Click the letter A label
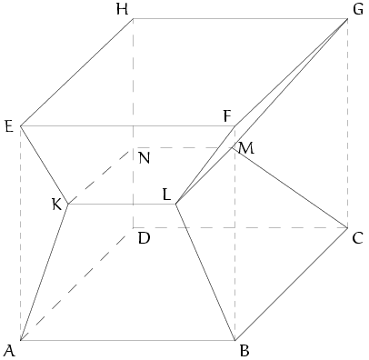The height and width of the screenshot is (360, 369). [9, 352]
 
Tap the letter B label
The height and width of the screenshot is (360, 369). [244, 352]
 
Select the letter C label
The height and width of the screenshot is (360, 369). [357, 238]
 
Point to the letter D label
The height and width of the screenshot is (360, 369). [144, 238]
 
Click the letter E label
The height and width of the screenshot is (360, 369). [9, 126]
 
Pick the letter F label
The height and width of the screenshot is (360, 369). [227, 116]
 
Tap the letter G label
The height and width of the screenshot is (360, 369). [358, 10]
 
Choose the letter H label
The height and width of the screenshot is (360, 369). [122, 10]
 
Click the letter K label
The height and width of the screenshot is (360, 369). [57, 205]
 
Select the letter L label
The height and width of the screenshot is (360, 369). [166, 195]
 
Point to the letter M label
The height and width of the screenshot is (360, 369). [246, 148]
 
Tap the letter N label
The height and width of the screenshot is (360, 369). [144, 158]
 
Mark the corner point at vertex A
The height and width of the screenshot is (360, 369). [20, 340]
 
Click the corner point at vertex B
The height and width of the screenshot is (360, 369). [234, 340]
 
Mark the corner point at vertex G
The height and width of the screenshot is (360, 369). [347, 18]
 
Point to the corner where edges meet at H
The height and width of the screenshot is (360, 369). [133, 18]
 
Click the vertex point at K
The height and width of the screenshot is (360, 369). [68, 205]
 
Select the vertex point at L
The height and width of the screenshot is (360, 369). [175, 204]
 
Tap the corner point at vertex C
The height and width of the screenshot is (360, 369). [347, 227]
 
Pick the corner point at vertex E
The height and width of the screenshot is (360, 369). [20, 125]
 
